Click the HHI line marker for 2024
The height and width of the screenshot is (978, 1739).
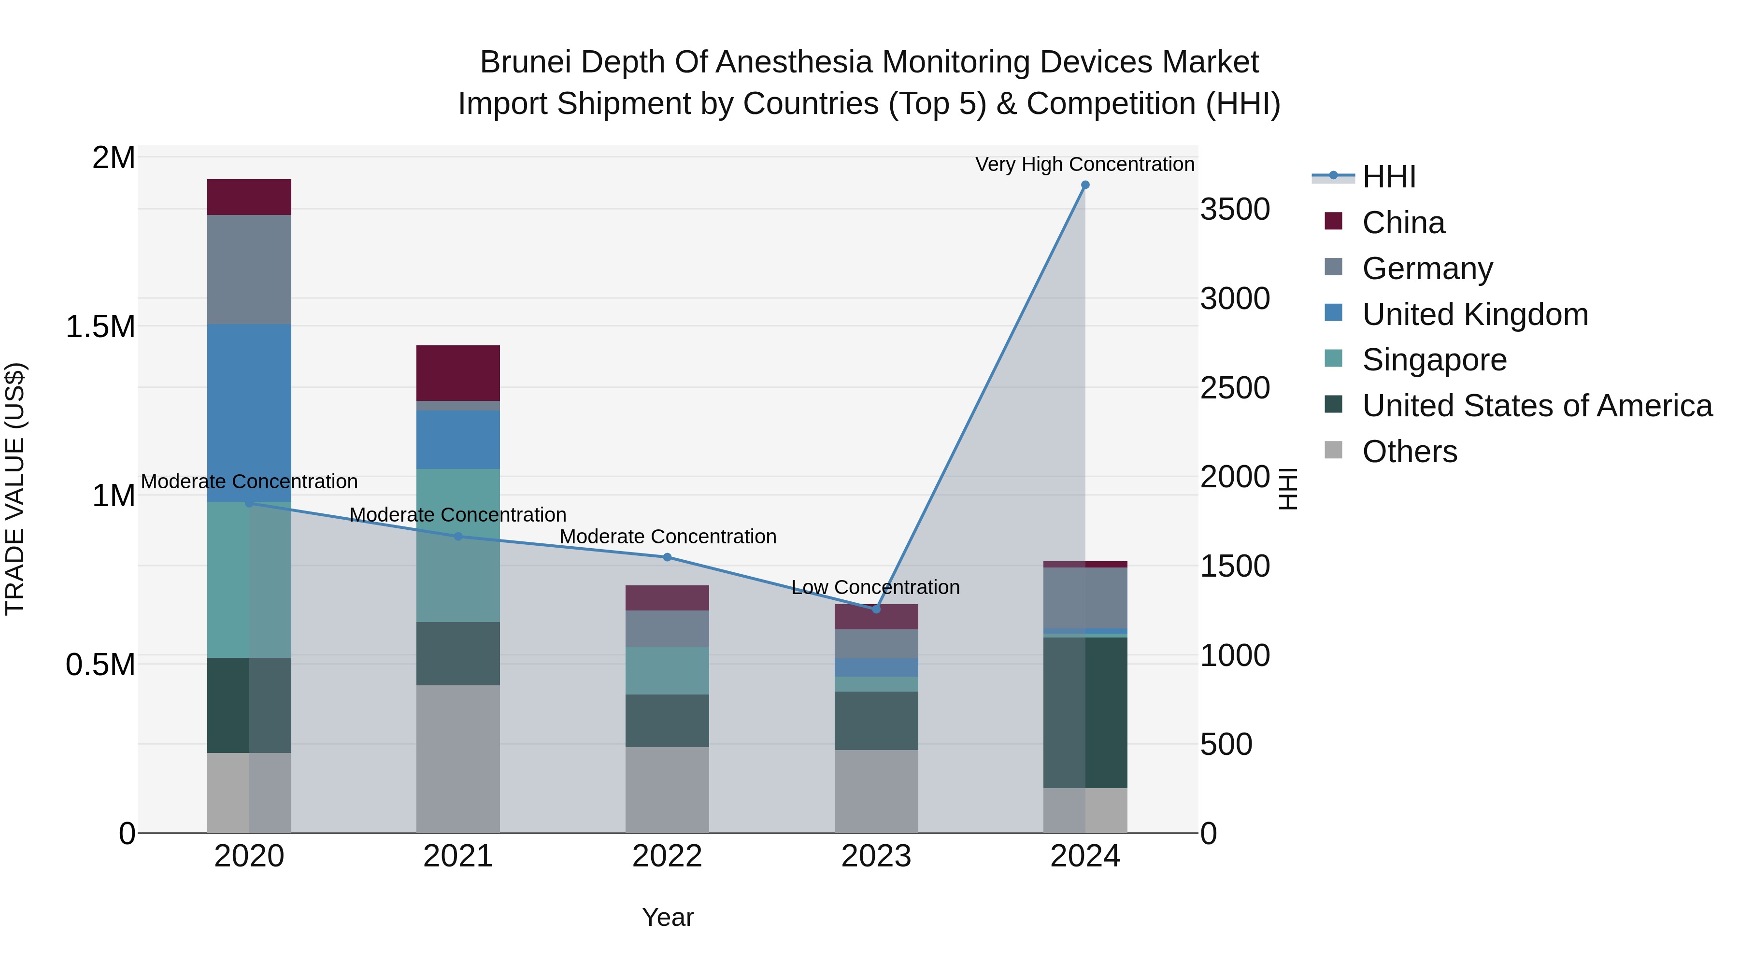tap(1085, 185)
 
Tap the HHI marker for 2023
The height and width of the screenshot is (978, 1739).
tap(876, 609)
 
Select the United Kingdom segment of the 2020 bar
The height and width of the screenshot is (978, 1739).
tap(249, 412)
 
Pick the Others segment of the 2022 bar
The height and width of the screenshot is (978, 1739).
tap(667, 789)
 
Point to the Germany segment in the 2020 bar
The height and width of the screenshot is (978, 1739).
tap(249, 269)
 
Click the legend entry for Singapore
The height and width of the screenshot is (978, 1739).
tap(1434, 360)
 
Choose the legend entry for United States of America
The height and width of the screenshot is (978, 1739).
tap(1537, 406)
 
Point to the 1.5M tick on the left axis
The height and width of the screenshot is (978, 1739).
tap(100, 326)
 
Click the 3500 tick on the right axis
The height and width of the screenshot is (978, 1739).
tap(1235, 209)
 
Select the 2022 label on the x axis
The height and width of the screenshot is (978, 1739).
tap(667, 856)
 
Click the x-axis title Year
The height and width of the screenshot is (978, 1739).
tap(667, 917)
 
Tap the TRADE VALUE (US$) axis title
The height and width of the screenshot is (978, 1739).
tap(15, 489)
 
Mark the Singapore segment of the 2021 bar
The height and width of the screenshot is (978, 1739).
tap(458, 545)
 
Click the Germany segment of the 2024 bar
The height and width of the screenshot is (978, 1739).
tap(1085, 597)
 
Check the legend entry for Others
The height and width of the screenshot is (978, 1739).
tap(1409, 452)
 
